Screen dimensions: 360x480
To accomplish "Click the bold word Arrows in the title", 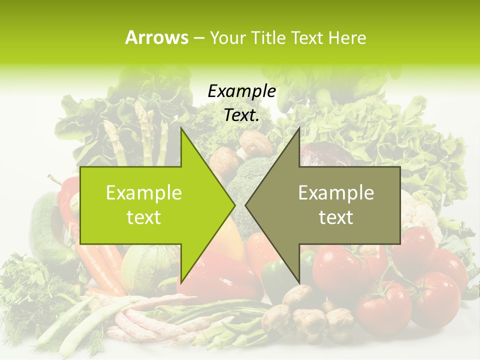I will (x=156, y=37).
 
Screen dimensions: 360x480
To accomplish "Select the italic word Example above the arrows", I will (x=241, y=91).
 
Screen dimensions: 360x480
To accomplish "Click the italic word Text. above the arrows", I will (x=241, y=115).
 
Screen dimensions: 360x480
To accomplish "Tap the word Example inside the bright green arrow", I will (x=144, y=193).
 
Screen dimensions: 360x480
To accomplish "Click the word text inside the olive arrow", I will (x=336, y=217).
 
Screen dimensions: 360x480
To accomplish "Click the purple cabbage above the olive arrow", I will (x=325, y=152).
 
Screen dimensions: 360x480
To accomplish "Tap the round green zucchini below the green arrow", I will (x=145, y=265).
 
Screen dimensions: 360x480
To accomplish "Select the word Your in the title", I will (x=228, y=37).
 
